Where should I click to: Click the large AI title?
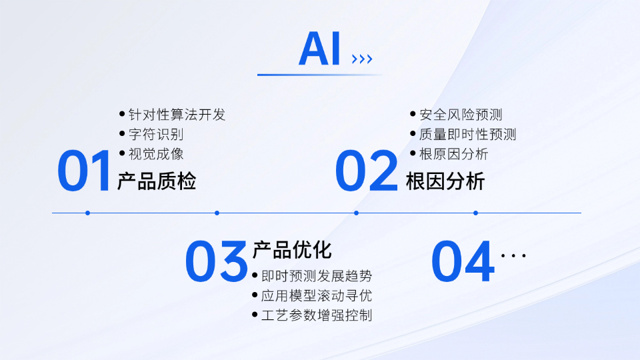pos(319,49)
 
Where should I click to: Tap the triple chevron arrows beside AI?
pos(362,59)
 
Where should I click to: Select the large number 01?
pos(84,171)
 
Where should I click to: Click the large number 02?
pos(366,171)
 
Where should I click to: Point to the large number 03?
pos(216,261)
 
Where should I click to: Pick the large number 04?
pos(463,261)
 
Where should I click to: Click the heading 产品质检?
pos(157,181)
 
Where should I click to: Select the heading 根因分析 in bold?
pos(445,181)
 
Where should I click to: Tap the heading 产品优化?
pos(292,250)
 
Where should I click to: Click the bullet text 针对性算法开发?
pos(177,115)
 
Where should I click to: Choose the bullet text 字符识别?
pos(156,134)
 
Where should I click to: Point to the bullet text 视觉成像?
pos(156,154)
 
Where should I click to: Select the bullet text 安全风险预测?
pos(461,115)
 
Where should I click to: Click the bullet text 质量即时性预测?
pos(467,134)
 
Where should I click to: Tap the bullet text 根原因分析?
pos(453,154)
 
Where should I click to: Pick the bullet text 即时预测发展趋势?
pos(317,276)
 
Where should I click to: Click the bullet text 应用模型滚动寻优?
pos(317,295)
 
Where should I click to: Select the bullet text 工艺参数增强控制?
pos(317,315)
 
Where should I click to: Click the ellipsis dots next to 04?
pos(513,256)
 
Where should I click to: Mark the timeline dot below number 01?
pos(88,213)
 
